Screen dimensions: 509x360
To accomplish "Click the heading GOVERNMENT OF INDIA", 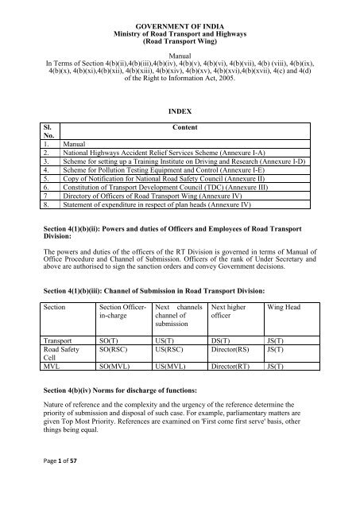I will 179,8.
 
